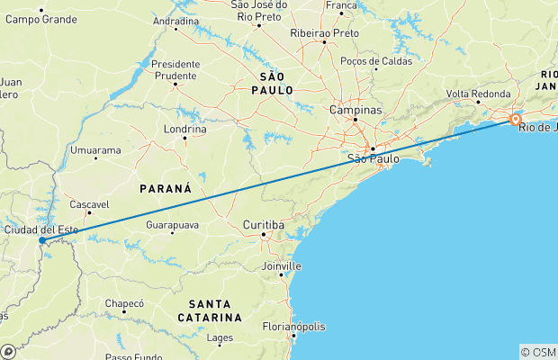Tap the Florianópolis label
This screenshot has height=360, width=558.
[x=294, y=327]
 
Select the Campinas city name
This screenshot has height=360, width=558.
[x=355, y=110]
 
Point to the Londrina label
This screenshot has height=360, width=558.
[x=184, y=128]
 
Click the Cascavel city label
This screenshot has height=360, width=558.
[x=88, y=204]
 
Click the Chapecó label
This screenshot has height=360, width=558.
[x=124, y=303]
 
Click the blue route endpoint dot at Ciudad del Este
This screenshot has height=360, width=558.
[x=42, y=240]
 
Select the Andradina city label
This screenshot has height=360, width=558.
[x=175, y=20]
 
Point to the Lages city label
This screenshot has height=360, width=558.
[x=220, y=338]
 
